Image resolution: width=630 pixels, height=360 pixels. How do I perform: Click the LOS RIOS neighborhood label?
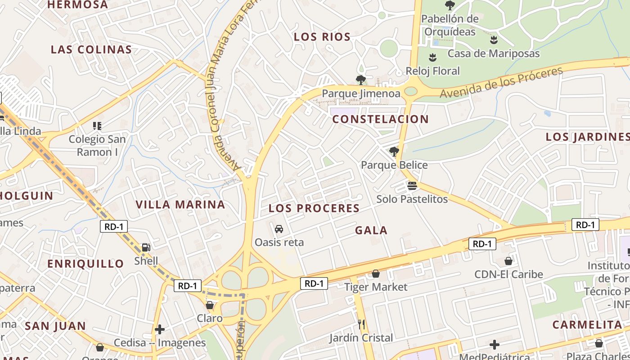[322, 37]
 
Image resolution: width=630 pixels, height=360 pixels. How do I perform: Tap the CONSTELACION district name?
[380, 119]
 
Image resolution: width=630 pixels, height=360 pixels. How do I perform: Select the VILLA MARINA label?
[180, 205]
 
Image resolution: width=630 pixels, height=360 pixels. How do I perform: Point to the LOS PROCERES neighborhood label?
[314, 208]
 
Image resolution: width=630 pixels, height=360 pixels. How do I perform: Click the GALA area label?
[371, 230]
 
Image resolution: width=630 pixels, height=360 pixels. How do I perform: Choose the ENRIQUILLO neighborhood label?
[85, 264]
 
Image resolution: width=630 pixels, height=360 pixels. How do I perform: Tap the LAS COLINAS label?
[91, 49]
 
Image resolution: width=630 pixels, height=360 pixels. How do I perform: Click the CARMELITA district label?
[587, 325]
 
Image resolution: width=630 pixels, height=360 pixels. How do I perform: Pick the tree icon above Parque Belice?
[394, 151]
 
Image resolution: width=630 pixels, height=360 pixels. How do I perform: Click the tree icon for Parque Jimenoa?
[360, 80]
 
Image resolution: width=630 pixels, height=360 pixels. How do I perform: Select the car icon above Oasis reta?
[279, 229]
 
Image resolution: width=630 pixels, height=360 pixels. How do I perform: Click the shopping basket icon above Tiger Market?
[376, 274]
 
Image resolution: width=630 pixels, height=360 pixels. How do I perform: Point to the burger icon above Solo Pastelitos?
[412, 185]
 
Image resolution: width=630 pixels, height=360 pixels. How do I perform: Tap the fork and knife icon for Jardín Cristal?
[361, 324]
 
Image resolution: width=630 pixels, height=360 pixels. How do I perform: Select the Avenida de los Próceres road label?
[501, 83]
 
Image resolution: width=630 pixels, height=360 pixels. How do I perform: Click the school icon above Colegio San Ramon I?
[97, 126]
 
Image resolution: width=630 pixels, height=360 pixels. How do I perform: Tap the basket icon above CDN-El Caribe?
[508, 261]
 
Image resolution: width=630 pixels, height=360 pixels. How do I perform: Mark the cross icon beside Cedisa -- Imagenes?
[160, 329]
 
